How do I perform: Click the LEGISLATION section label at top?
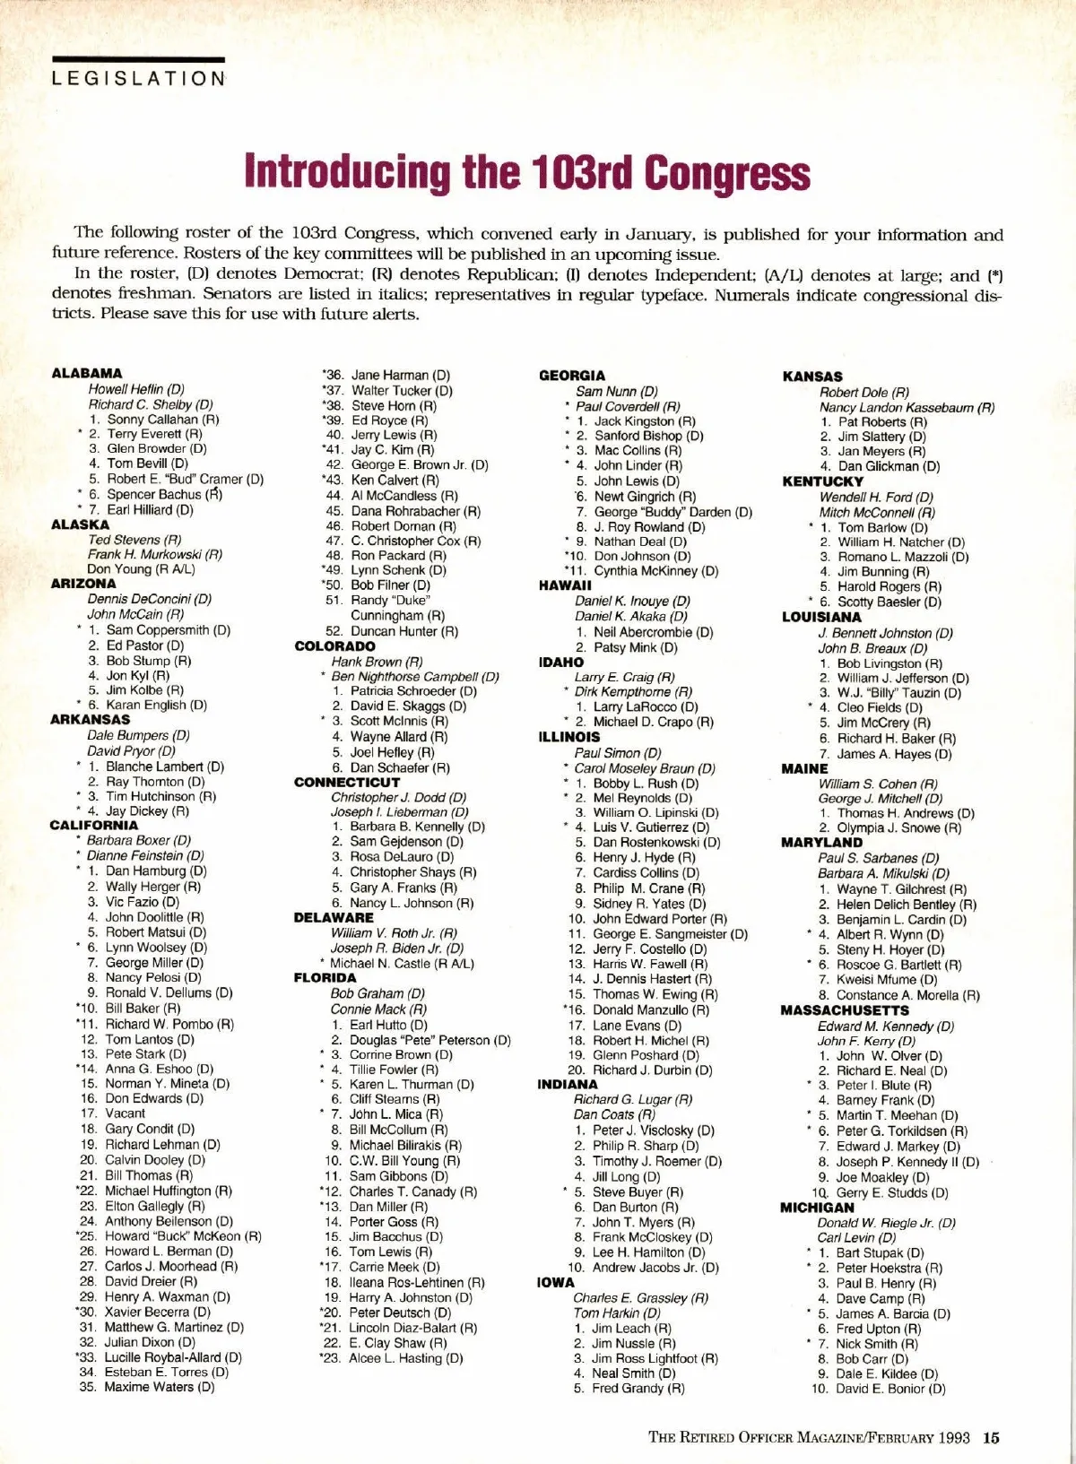(139, 78)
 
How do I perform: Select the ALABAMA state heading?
(87, 373)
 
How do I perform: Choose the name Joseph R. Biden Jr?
(396, 948)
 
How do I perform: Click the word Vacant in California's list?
(125, 1113)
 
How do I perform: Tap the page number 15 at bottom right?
(991, 1438)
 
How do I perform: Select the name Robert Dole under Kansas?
(863, 392)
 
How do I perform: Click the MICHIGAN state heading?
(817, 1208)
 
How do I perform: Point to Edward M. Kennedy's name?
(885, 1026)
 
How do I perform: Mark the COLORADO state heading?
(334, 645)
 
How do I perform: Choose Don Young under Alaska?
(141, 568)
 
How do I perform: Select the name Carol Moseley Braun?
(644, 768)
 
